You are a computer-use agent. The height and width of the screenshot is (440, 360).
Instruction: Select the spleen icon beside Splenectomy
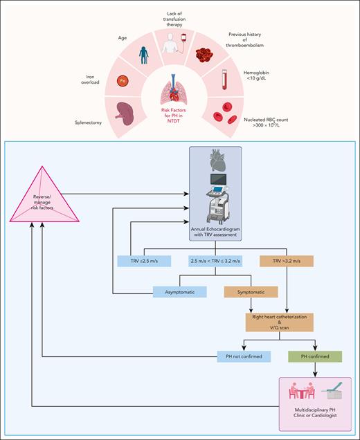point(124,112)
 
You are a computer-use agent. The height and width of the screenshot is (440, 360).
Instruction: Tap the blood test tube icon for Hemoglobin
point(223,76)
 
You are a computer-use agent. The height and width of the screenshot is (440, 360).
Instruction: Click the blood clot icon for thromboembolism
point(208,53)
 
